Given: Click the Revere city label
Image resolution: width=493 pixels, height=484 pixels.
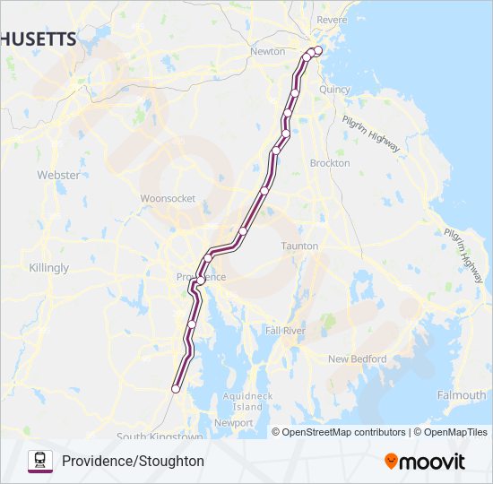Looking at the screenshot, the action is click(333, 20).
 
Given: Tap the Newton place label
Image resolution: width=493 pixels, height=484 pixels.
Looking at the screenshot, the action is click(268, 52).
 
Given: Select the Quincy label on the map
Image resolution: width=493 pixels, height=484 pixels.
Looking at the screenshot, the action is click(334, 90).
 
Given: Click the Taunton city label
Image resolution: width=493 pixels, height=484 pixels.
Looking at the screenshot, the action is click(299, 246).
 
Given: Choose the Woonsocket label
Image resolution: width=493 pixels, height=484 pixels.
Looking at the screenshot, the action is click(168, 199).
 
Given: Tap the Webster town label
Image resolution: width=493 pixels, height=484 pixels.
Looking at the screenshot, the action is click(58, 175).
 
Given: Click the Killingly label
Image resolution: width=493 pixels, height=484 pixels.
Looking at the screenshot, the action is click(48, 268).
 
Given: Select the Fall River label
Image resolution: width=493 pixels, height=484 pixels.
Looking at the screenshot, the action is click(285, 331).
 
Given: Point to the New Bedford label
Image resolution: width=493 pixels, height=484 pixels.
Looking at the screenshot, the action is click(357, 359).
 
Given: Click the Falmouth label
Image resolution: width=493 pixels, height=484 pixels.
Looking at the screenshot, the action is click(462, 395).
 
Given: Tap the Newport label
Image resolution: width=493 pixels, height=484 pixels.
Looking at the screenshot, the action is click(234, 422).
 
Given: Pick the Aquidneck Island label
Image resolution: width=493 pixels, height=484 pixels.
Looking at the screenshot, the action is click(242, 401).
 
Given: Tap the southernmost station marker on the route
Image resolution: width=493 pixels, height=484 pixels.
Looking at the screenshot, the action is click(176, 389).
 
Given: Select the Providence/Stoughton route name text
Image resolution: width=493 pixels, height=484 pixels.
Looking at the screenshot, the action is click(133, 461).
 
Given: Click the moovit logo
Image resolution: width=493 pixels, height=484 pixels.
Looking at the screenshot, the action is click(425, 462).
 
